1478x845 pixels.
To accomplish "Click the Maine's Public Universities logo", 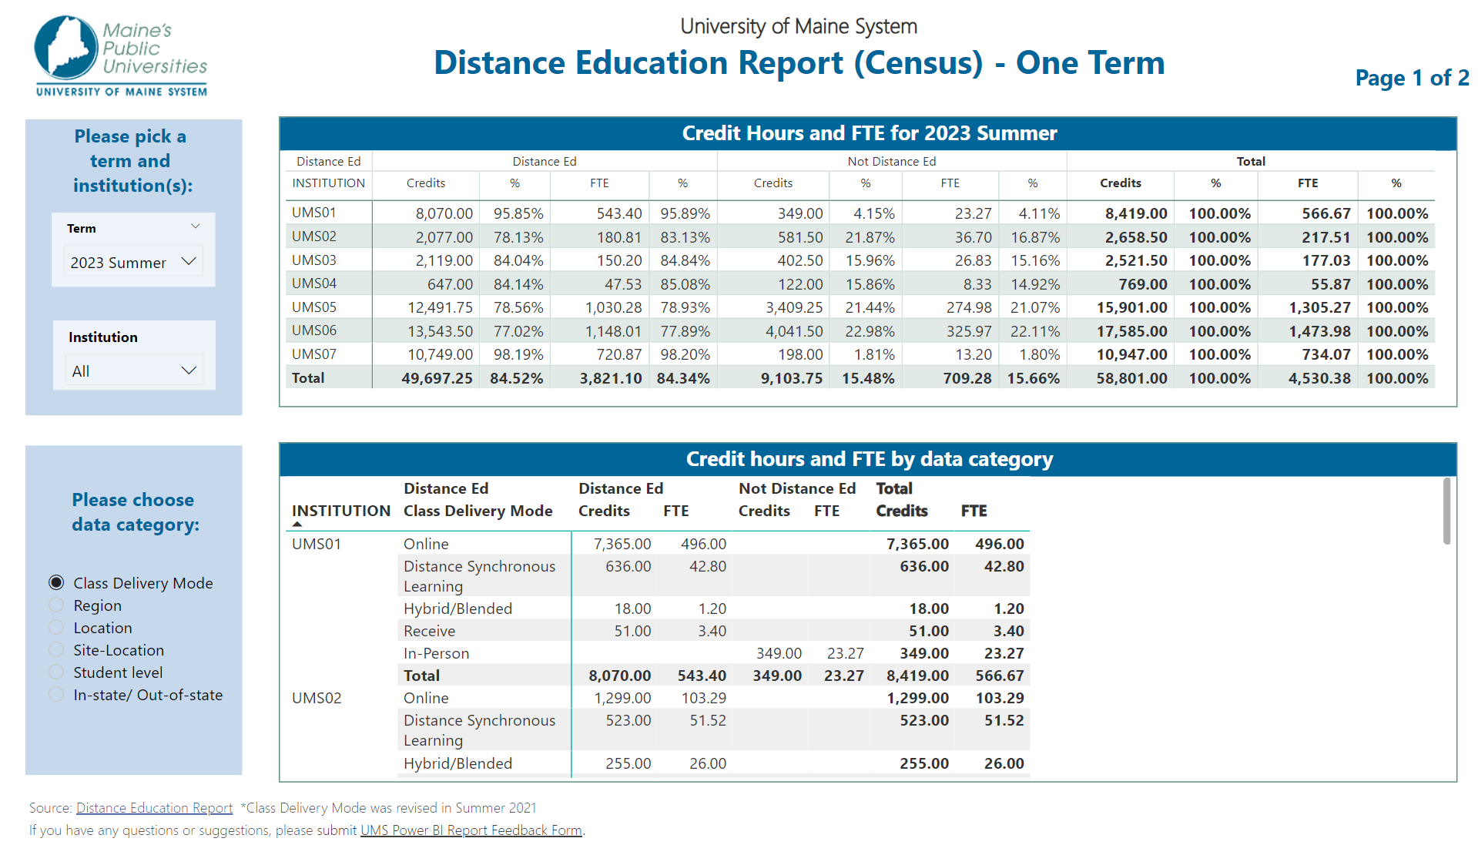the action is (121, 55).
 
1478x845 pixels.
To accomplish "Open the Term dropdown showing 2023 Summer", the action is (133, 262).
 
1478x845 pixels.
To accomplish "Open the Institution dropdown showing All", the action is (133, 371).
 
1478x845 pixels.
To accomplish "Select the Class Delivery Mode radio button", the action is (56, 582).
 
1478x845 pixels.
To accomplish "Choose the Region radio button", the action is (56, 605).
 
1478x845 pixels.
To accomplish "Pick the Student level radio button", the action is (56, 672).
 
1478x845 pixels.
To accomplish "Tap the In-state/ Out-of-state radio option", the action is (56, 694).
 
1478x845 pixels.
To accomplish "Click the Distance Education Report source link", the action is (154, 807).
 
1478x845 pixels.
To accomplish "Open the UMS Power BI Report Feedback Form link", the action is (471, 830).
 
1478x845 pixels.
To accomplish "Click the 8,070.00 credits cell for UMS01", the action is (444, 213).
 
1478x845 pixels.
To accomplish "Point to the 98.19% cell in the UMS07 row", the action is (518, 354).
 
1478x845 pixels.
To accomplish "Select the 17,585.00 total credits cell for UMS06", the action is (1131, 331).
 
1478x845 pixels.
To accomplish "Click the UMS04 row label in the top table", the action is (314, 283).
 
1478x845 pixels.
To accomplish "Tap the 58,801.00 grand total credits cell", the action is (1131, 378).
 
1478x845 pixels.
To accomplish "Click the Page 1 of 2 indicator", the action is (1412, 78).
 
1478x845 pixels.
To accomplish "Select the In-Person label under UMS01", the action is (436, 653).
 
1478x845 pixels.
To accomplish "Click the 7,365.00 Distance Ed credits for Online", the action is (622, 544).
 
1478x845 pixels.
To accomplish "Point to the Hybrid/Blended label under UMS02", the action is (457, 763).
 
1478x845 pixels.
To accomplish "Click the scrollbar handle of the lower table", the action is (1446, 511).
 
